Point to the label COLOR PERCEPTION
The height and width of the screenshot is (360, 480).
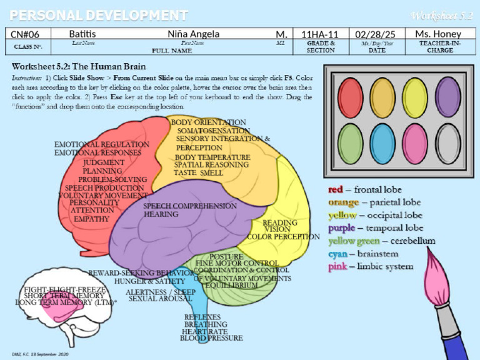coord(283,237)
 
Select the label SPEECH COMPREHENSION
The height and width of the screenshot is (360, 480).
coord(190,206)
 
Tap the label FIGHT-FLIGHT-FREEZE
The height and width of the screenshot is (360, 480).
coord(65,289)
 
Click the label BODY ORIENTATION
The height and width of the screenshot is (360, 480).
coord(209,122)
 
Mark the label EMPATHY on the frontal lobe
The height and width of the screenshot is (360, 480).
coord(91,219)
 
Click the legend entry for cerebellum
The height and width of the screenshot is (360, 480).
coord(382,241)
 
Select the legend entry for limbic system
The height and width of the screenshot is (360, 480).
coord(371,267)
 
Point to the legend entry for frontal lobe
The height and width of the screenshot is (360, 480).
coord(365,189)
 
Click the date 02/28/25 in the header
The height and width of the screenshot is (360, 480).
coord(376,34)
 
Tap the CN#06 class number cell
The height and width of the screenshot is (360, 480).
coord(26,34)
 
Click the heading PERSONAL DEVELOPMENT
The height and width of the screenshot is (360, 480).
coord(99,15)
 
